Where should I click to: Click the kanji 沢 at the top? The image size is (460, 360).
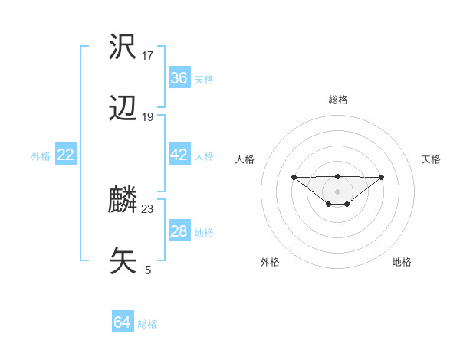click(123, 47)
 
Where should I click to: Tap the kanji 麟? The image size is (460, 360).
click(123, 201)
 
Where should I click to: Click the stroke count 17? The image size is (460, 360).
click(148, 55)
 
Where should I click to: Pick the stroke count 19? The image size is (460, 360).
click(148, 117)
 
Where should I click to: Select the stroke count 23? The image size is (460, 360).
click(148, 208)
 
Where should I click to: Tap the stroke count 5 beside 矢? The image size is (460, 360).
click(148, 270)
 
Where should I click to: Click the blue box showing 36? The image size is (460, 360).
click(179, 78)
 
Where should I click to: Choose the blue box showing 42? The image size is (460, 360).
click(179, 155)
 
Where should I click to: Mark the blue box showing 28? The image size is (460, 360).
click(179, 231)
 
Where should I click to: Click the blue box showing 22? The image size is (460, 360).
click(66, 155)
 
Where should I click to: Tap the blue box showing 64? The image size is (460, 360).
click(123, 322)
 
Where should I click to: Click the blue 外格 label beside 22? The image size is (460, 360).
click(41, 156)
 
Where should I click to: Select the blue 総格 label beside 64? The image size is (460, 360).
click(147, 324)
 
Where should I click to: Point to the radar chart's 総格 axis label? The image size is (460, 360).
click(338, 100)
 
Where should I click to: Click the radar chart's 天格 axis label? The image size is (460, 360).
click(432, 159)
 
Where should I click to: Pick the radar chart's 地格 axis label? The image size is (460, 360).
click(402, 262)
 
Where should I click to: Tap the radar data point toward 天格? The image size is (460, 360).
click(382, 177)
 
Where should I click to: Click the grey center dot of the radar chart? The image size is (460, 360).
click(338, 191)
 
